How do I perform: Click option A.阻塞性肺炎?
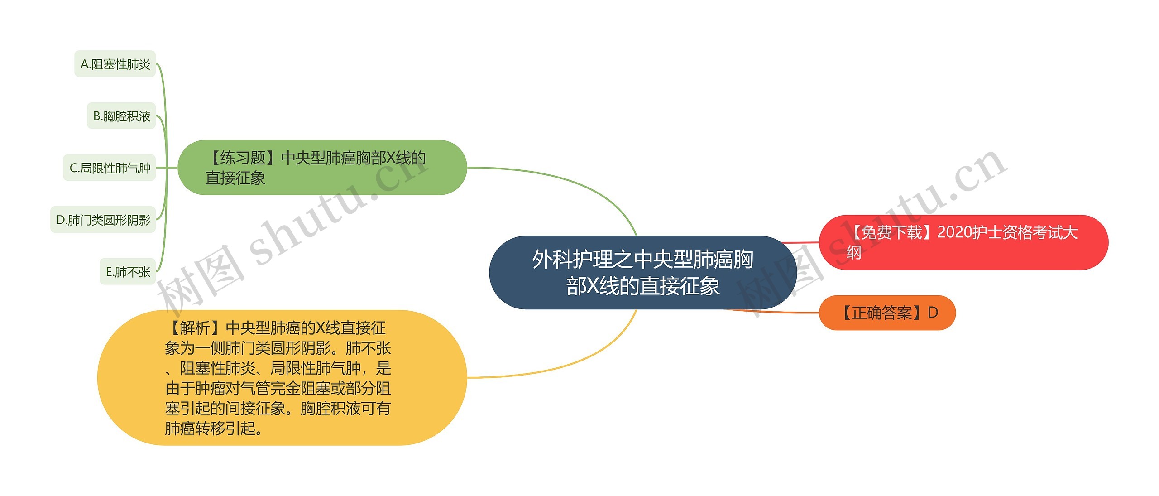coord(115,64)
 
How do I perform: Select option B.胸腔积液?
coord(121,116)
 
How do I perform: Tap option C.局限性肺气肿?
coord(109,168)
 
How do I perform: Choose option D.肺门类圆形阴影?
coord(103,220)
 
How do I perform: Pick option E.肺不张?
coord(128,272)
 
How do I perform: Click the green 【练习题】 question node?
coord(322,168)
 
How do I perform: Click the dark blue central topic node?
coord(642,273)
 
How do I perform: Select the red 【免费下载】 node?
coord(963,242)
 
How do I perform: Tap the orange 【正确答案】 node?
coord(887,313)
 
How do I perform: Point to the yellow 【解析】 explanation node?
coord(282,377)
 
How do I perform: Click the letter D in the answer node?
coord(933,313)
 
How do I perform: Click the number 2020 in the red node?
coord(955,232)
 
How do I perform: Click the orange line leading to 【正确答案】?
coord(779,312)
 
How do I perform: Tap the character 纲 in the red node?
coord(854,253)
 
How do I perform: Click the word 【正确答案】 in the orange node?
coord(881,313)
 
